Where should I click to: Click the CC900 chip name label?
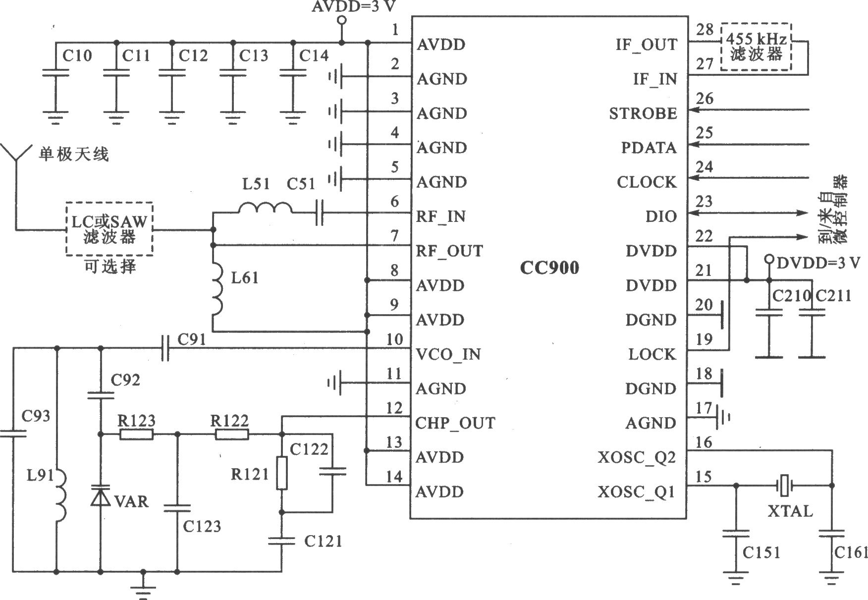tap(549, 268)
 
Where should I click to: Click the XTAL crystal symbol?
tap(783, 486)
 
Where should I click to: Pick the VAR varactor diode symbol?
tap(101, 495)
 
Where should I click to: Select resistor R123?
tap(136, 435)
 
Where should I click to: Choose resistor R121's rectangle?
tap(282, 473)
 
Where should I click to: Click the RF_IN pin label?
tap(441, 217)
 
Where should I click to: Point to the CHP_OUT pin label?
tap(455, 423)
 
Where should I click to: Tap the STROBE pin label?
tap(643, 113)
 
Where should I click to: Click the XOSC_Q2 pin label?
tap(637, 457)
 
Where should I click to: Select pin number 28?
tap(705, 29)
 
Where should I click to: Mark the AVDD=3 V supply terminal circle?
tap(341, 20)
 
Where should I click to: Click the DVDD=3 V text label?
tap(818, 263)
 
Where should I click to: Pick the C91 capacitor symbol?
tap(165, 348)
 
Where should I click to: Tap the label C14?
tap(314, 55)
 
